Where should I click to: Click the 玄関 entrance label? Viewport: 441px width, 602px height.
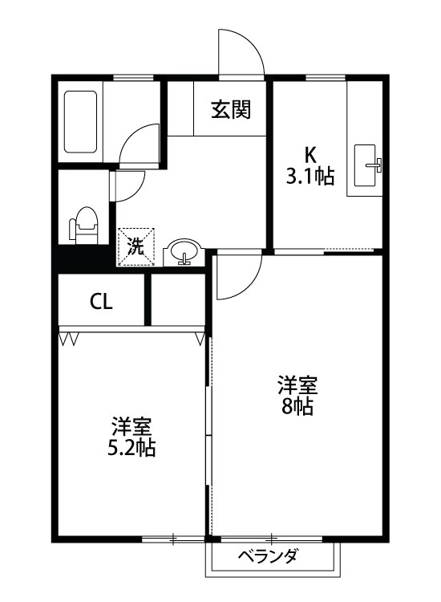[x=231, y=111]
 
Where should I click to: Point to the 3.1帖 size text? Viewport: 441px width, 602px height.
[x=310, y=176]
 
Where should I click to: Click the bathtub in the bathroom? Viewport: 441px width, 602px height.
[x=81, y=122]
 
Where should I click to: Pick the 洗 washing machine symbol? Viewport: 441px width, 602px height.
[x=134, y=247]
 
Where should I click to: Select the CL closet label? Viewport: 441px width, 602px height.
[x=101, y=302]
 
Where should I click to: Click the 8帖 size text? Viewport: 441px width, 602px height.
[x=297, y=406]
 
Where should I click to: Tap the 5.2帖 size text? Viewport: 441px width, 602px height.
[x=131, y=448]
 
